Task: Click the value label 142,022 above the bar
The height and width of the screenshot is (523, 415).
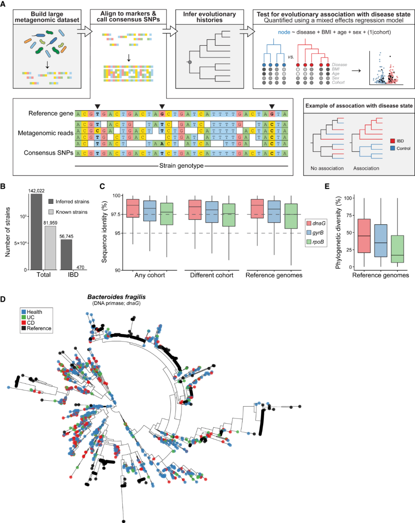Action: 37,191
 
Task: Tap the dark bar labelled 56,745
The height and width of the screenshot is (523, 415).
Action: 66,255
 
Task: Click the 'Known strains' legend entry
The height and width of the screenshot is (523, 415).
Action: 71,212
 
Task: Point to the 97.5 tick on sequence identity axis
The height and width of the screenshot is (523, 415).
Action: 116,214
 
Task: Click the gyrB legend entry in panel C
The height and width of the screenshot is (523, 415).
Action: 318,233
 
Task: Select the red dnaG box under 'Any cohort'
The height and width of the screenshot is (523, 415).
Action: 133,208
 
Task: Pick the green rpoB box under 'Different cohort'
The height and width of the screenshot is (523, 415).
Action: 229,215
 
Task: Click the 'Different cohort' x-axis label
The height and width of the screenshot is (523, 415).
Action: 212,275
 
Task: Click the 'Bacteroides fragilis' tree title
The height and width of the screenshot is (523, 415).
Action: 116,297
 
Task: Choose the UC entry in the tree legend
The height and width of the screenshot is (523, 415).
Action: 30,317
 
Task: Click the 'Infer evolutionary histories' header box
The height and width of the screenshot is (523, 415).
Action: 209,17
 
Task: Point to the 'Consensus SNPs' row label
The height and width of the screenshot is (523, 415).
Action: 48,153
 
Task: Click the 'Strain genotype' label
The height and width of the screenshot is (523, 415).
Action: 181,166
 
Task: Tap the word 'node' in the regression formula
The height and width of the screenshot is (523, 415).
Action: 284,32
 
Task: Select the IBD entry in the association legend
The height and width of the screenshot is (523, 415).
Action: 400,141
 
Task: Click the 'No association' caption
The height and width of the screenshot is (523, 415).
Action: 327,168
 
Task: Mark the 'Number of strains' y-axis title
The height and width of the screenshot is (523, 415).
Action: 8,232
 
